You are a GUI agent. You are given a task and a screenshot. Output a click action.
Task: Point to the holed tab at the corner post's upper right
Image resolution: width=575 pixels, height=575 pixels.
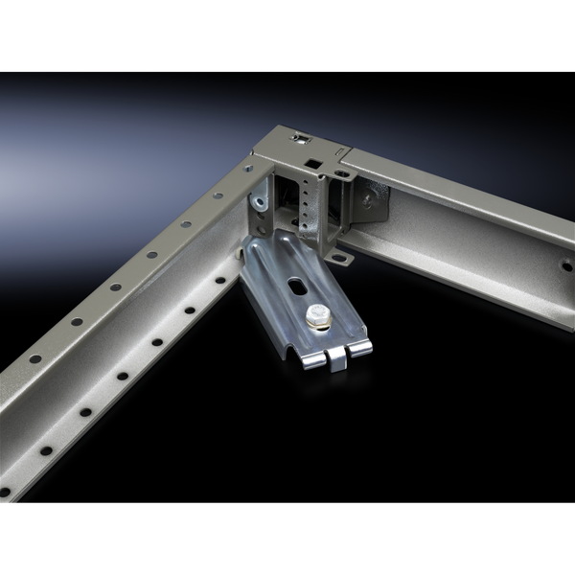(342, 173)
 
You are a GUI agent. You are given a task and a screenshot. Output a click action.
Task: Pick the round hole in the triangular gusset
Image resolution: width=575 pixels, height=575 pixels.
(369, 199)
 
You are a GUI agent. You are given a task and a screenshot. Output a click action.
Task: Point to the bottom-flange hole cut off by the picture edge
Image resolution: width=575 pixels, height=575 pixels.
(4, 493)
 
